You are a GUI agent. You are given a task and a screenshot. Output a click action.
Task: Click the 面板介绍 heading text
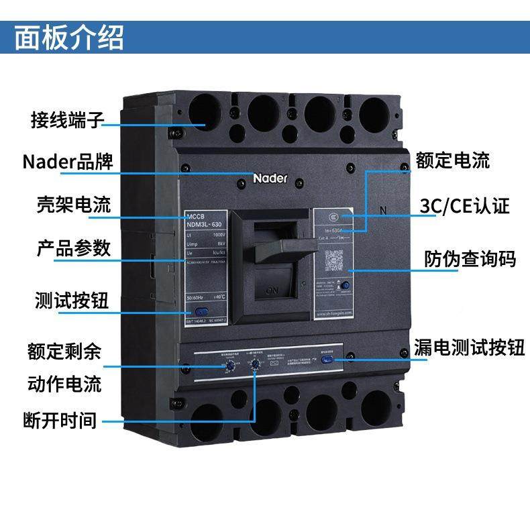(69, 37)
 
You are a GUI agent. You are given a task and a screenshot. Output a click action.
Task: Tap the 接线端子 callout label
(68, 121)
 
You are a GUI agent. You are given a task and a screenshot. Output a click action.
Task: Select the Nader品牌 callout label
(67, 162)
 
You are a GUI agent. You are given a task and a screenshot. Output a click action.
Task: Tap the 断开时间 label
(60, 421)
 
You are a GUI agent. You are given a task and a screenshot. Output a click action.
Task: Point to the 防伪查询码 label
(470, 258)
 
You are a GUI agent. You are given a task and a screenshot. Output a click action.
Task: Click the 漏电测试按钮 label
(469, 348)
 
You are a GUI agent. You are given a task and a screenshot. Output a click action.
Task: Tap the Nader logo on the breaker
(270, 178)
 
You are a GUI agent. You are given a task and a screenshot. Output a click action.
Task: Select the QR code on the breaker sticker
(333, 258)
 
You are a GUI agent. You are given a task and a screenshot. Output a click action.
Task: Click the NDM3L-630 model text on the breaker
(205, 223)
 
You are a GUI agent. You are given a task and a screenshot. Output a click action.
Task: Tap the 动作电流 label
(64, 384)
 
